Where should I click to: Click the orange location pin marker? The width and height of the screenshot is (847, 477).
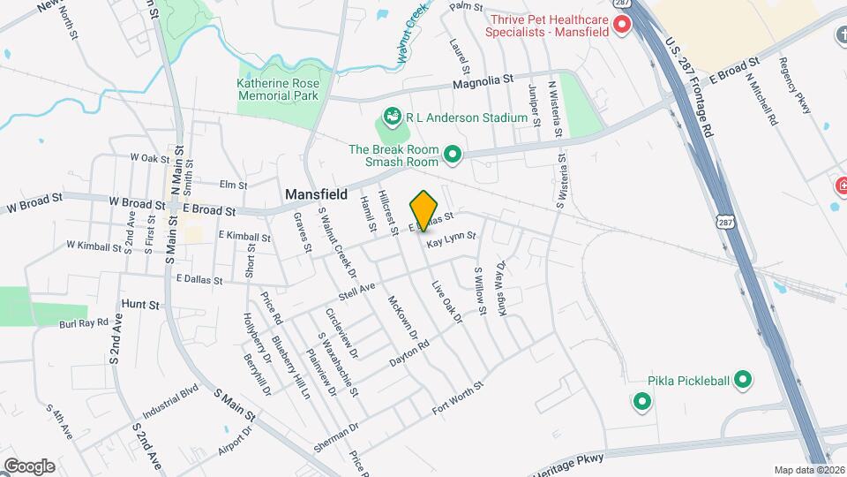pos(424,210)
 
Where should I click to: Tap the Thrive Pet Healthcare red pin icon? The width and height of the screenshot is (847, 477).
pos(622,25)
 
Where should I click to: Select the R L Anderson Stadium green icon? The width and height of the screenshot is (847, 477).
pos(389,117)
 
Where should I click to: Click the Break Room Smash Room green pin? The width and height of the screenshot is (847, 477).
pos(453,155)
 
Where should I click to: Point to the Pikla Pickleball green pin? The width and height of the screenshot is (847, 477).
pos(743,381)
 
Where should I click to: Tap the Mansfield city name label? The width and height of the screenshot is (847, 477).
pos(316,193)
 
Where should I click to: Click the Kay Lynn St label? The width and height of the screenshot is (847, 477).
pos(451,238)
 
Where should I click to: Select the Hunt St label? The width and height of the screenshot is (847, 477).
pos(140,304)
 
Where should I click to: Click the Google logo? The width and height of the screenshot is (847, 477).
pos(29,465)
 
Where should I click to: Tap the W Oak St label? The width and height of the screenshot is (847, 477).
pos(148,157)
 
